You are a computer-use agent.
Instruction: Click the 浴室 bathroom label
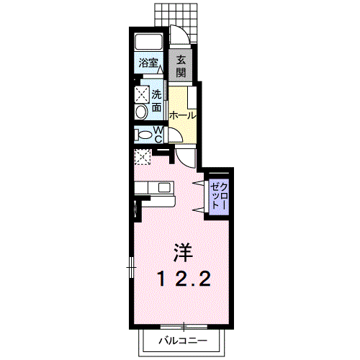pyautogui.click(x=148, y=63)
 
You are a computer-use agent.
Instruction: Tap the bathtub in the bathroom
pyautogui.click(x=149, y=42)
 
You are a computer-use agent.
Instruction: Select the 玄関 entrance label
pyautogui.click(x=181, y=66)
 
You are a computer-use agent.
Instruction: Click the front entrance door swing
pyautogui.click(x=180, y=35)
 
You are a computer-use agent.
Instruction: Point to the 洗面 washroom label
pyautogui.click(x=156, y=101)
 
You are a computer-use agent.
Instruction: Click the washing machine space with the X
pyautogui.click(x=142, y=94)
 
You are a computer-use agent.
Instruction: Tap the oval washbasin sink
pyautogui.click(x=141, y=112)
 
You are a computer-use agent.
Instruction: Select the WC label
pyautogui.click(x=158, y=135)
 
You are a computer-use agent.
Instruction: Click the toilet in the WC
pyautogui.click(x=143, y=135)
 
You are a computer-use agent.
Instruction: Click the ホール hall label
pyautogui.click(x=182, y=116)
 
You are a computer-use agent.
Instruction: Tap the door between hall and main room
pyautogui.click(x=185, y=158)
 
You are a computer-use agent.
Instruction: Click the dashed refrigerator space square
pyautogui.click(x=143, y=157)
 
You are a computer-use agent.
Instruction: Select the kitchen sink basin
pyautogui.click(x=164, y=188)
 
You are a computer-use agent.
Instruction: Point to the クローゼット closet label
pyautogui.click(x=219, y=195)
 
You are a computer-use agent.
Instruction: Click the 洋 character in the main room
pyautogui.click(x=184, y=253)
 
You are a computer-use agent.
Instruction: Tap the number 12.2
pyautogui.click(x=184, y=279)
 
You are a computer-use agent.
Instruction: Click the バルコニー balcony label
pyautogui.click(x=183, y=341)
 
